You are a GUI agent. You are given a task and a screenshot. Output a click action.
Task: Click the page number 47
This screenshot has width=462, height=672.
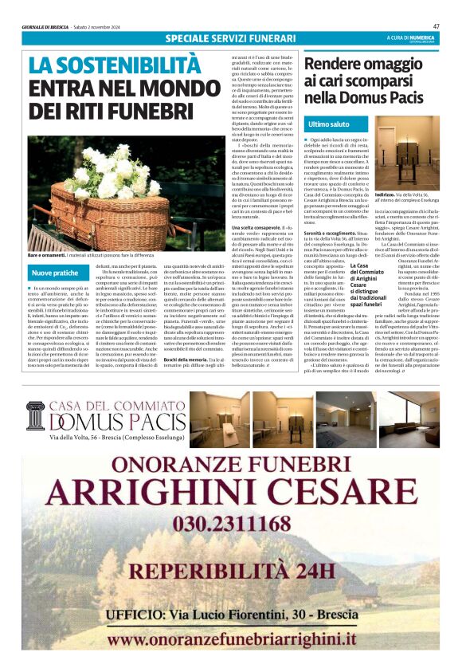click(436, 26)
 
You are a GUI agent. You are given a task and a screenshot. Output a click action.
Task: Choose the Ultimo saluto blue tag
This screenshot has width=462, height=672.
click(329, 125)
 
